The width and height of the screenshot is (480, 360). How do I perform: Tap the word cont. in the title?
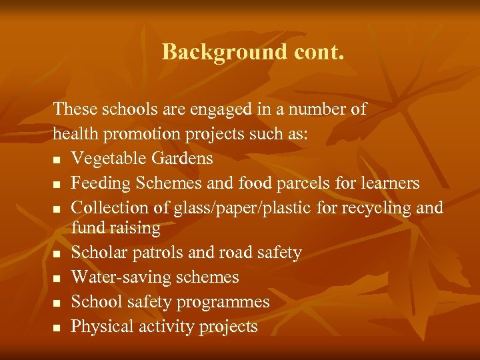313,51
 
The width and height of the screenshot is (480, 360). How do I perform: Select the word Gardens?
180,159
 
